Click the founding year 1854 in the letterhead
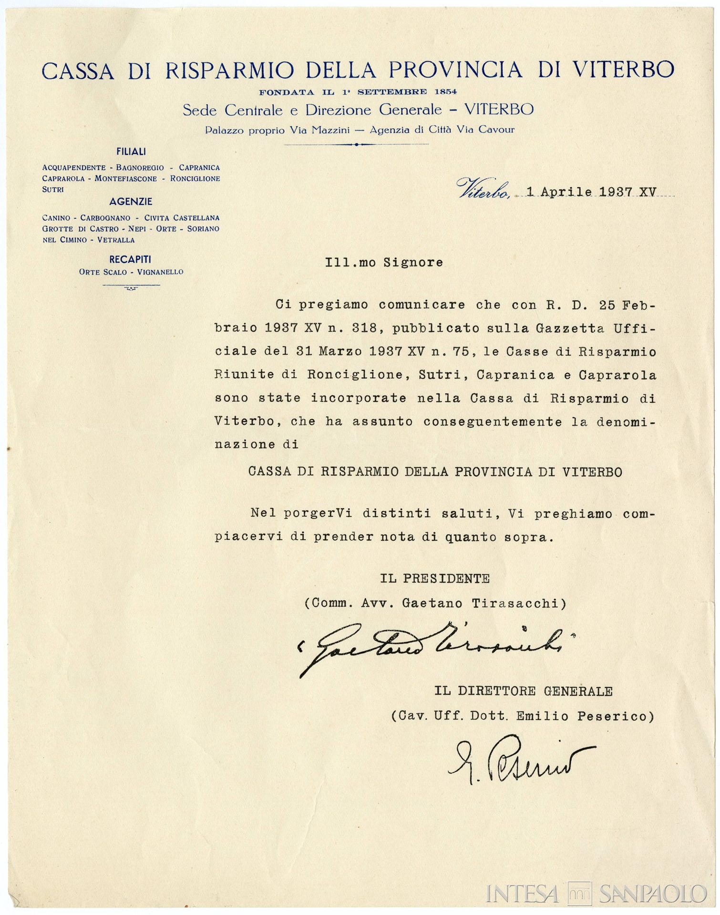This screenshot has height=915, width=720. pyautogui.click(x=445, y=91)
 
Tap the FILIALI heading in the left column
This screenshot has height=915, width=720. pyautogui.click(x=131, y=152)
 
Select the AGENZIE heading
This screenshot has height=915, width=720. pyautogui.click(x=131, y=202)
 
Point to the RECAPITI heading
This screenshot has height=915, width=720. pyautogui.click(x=130, y=259)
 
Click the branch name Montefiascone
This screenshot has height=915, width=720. pyautogui.click(x=125, y=179)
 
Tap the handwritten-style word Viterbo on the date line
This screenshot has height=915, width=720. pyautogui.click(x=483, y=189)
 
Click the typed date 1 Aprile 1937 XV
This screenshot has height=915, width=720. pyautogui.click(x=591, y=192)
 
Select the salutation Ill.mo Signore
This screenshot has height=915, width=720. pyautogui.click(x=384, y=263)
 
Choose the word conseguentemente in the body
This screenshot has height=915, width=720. pyautogui.click(x=493, y=421)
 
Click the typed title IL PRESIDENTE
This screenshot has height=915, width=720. pyautogui.click(x=435, y=579)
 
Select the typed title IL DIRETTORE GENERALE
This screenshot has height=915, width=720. pyautogui.click(x=523, y=691)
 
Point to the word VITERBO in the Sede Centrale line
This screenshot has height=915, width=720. pyautogui.click(x=499, y=110)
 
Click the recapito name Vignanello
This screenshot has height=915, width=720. pyautogui.click(x=160, y=272)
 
